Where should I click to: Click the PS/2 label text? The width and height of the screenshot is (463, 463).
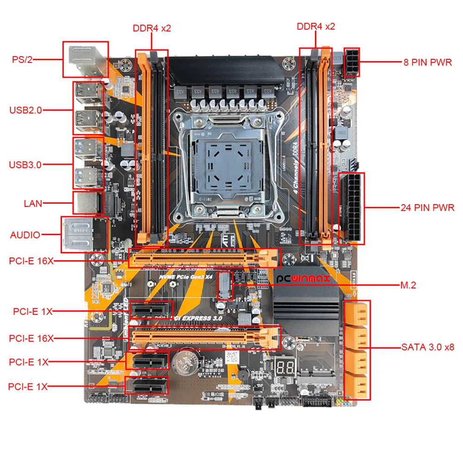click(22, 60)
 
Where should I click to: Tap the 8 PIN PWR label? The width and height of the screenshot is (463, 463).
click(427, 62)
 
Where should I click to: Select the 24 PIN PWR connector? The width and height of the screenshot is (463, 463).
click(351, 208)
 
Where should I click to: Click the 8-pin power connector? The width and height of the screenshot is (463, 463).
click(351, 62)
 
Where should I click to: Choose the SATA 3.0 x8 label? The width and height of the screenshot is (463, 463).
click(427, 347)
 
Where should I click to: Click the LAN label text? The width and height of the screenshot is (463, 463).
click(33, 203)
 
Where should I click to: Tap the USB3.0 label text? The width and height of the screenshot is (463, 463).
click(25, 164)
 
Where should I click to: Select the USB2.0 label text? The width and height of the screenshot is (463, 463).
click(25, 110)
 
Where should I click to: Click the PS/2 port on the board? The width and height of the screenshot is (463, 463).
click(85, 59)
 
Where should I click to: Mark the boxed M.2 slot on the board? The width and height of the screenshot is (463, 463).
click(225, 285)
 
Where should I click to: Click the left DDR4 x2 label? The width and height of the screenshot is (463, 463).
click(152, 28)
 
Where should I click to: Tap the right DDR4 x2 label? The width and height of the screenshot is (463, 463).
click(316, 26)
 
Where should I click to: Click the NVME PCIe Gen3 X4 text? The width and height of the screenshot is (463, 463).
click(185, 276)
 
